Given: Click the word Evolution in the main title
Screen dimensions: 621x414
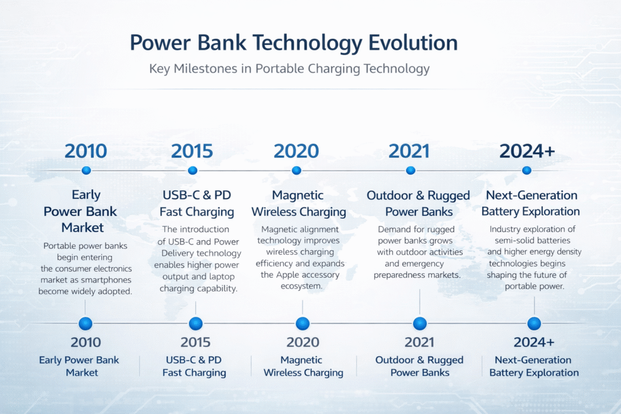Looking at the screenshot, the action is (x=413, y=43).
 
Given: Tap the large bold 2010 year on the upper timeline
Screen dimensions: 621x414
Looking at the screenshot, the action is (x=86, y=151).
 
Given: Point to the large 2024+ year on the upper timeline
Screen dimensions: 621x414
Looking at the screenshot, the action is (x=527, y=151).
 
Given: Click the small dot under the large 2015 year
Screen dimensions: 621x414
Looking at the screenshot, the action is (x=193, y=170).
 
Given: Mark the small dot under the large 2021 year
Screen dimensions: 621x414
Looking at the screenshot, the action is (x=411, y=170).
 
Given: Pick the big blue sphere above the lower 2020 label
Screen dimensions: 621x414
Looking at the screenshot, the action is (x=303, y=324).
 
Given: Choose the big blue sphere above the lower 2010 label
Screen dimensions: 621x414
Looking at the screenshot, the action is (x=86, y=324).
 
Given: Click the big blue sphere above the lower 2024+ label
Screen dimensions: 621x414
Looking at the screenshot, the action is (x=534, y=324).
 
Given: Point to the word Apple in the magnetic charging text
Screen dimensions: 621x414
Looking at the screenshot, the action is (x=287, y=275).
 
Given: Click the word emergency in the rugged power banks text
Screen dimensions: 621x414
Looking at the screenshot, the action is (x=423, y=264).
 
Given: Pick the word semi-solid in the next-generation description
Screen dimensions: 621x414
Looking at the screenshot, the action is (x=514, y=241).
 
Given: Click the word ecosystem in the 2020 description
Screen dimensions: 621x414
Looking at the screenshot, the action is (x=301, y=286).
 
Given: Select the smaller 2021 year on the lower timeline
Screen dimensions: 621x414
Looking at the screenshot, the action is (x=420, y=342).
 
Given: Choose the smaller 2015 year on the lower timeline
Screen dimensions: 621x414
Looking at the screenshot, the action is (x=196, y=342).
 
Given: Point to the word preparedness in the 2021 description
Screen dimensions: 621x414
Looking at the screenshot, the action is (x=398, y=275).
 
